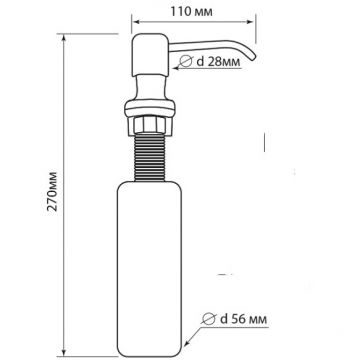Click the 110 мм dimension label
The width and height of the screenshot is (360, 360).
coord(191,12)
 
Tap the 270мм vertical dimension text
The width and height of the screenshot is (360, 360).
coord(52,191)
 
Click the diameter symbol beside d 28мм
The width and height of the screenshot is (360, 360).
coord(186,61)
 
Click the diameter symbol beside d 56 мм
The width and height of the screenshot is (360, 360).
coord(208,319)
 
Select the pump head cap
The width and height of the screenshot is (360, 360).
coord(149,54)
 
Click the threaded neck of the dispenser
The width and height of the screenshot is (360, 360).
coord(149,157)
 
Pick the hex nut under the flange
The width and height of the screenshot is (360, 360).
coord(149,125)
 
